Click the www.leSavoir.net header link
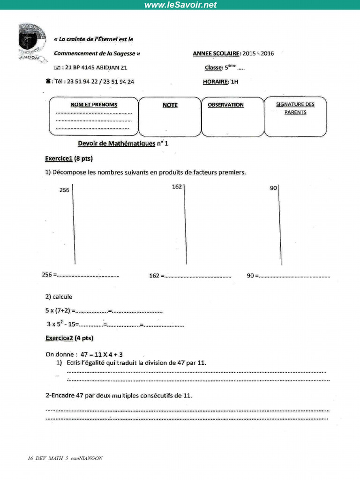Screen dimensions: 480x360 [180, 5]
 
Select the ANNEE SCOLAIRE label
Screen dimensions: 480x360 [216, 53]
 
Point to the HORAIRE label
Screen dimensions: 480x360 [215, 82]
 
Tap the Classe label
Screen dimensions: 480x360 [213, 67]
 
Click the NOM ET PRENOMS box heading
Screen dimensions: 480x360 [94, 105]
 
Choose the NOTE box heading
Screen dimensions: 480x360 [170, 105]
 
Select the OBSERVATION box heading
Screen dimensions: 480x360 [225, 105]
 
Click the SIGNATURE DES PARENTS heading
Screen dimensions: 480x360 [295, 108]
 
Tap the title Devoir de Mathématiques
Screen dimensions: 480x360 [116, 144]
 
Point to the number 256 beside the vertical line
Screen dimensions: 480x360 [64, 190]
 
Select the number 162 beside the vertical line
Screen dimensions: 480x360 [177, 187]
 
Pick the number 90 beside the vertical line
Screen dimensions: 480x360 [273, 188]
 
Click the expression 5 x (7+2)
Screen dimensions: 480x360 [58, 310]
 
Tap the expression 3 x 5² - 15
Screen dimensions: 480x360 [62, 324]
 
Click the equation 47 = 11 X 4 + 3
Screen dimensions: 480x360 [99, 355]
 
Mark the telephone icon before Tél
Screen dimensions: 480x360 [48, 82]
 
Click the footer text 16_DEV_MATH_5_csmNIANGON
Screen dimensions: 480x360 [65, 458]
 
